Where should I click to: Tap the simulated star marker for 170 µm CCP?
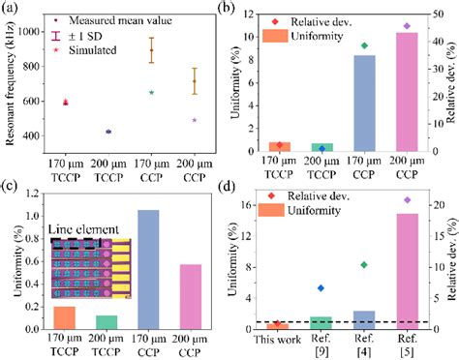(151, 92)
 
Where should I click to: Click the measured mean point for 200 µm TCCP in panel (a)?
(107, 132)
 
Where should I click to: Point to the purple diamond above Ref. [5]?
(407, 199)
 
